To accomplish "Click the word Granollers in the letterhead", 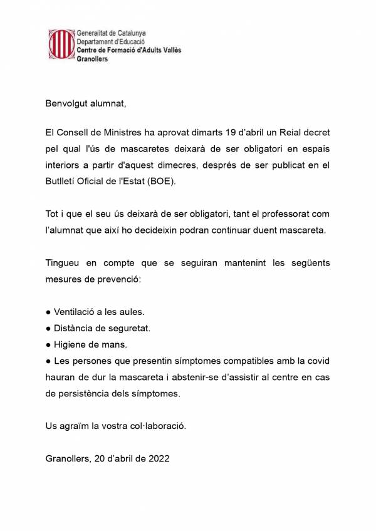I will [91, 59].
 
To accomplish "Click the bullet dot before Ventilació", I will [49, 311].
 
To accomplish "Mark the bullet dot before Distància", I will [49, 327].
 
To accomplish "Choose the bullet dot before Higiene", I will [49, 344].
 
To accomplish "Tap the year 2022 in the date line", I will [157, 458].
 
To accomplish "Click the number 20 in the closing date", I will [101, 458].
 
